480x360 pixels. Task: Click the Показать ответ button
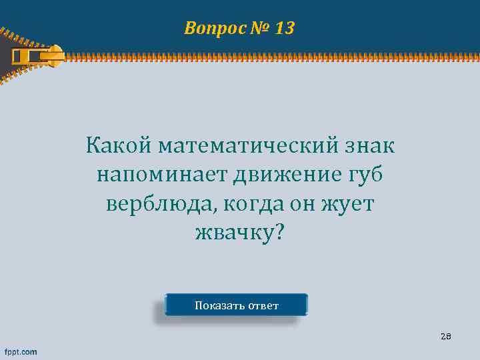point(237,306)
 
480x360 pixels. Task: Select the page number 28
point(446,337)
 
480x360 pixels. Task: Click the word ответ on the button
point(263,306)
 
